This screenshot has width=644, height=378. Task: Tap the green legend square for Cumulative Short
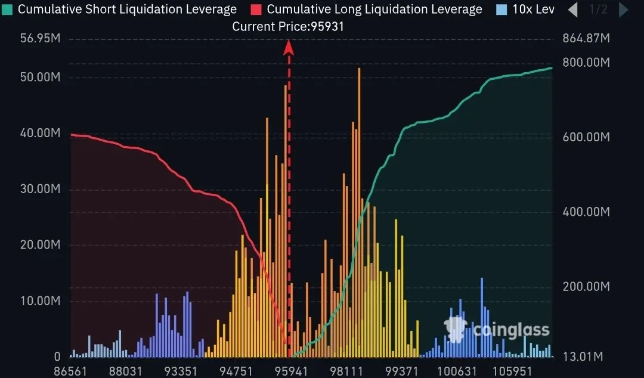7,10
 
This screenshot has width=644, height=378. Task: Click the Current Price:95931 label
288,26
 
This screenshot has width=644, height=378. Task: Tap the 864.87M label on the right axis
586,39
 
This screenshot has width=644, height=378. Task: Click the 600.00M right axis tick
586,137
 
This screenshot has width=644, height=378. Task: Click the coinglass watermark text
510,330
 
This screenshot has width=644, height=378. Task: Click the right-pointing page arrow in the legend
623,10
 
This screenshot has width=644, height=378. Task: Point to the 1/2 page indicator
598,10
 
